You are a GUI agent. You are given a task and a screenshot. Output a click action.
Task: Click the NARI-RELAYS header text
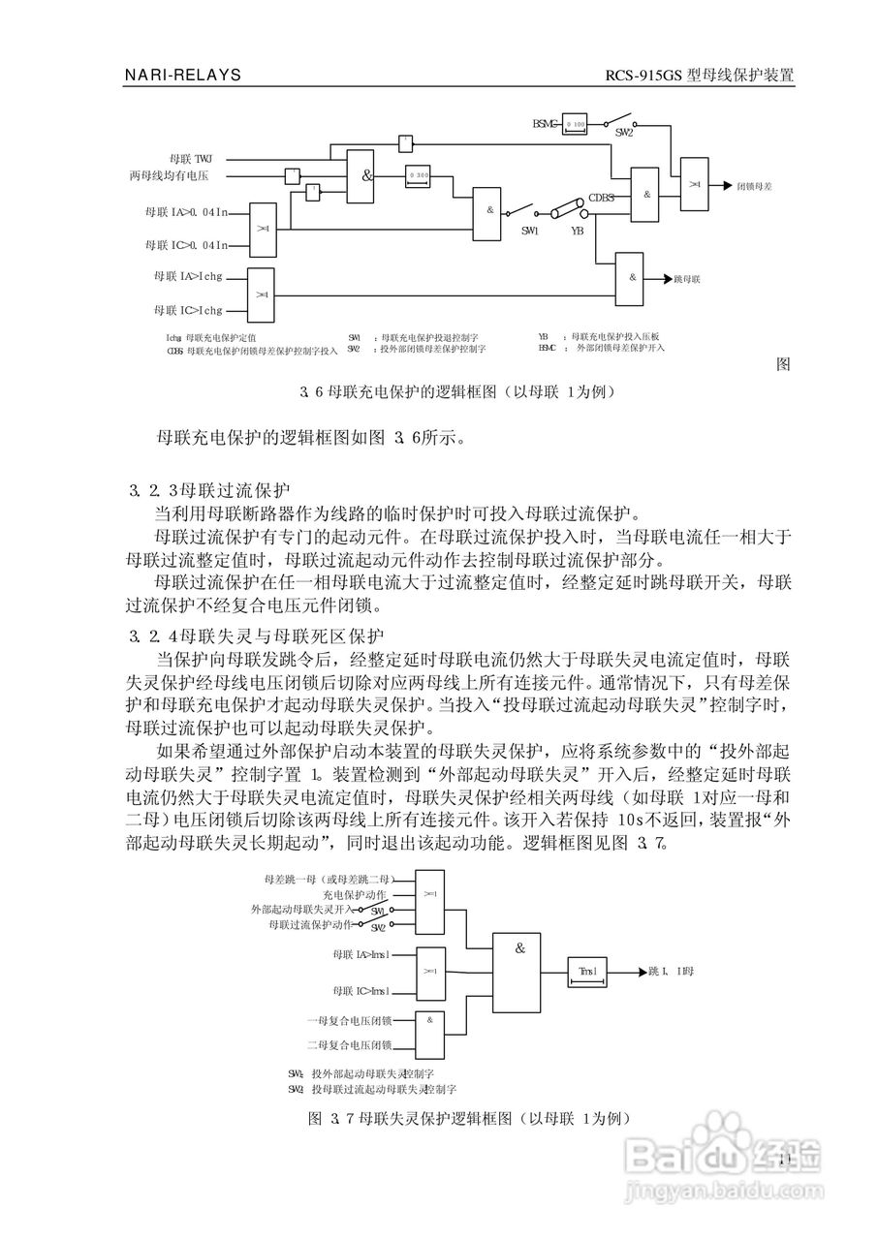click(182, 75)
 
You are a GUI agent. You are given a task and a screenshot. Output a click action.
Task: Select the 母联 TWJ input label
click(189, 158)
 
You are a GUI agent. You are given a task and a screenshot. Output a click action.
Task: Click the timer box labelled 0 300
click(419, 175)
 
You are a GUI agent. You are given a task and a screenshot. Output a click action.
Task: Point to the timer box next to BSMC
click(575, 124)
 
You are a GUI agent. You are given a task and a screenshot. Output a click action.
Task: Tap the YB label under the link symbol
click(577, 231)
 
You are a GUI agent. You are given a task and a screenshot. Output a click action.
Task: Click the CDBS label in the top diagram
click(602, 197)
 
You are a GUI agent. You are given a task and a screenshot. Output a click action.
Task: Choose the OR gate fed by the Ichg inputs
click(262, 294)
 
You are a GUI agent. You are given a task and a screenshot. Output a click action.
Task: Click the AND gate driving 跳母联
click(632, 277)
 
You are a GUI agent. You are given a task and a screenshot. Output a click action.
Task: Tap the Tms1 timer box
click(588, 971)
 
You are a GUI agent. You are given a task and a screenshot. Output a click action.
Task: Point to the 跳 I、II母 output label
click(671, 971)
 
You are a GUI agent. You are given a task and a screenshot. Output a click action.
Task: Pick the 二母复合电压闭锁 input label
click(349, 1045)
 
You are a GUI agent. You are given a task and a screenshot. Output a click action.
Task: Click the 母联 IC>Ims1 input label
click(361, 991)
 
